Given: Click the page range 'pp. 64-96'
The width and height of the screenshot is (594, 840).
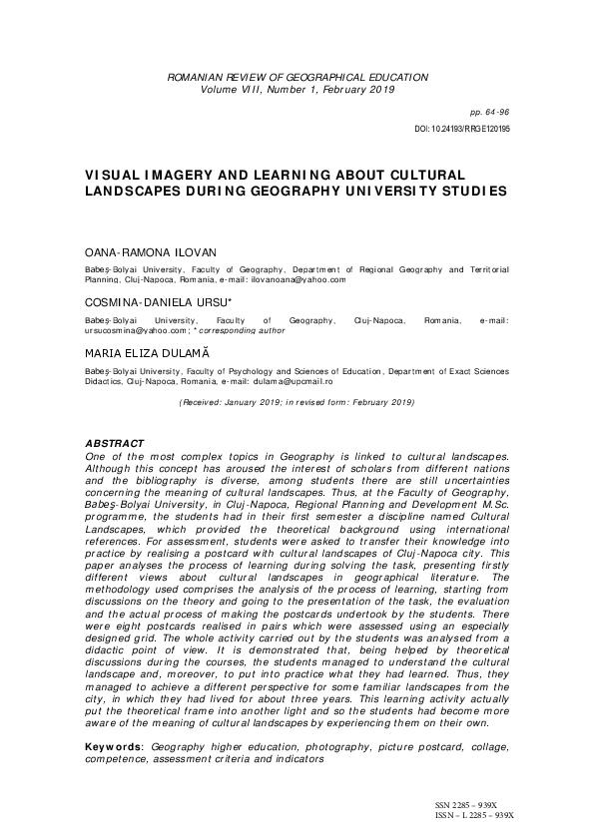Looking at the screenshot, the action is [488, 114].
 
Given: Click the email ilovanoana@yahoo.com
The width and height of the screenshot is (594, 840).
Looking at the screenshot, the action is [298, 280].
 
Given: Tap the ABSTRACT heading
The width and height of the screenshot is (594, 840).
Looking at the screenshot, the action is [115, 443].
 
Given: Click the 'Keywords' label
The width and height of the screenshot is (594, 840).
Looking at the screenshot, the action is [114, 747].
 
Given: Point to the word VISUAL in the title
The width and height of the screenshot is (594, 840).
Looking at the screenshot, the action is [117, 172].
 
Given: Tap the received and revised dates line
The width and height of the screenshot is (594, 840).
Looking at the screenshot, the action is [297, 402].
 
